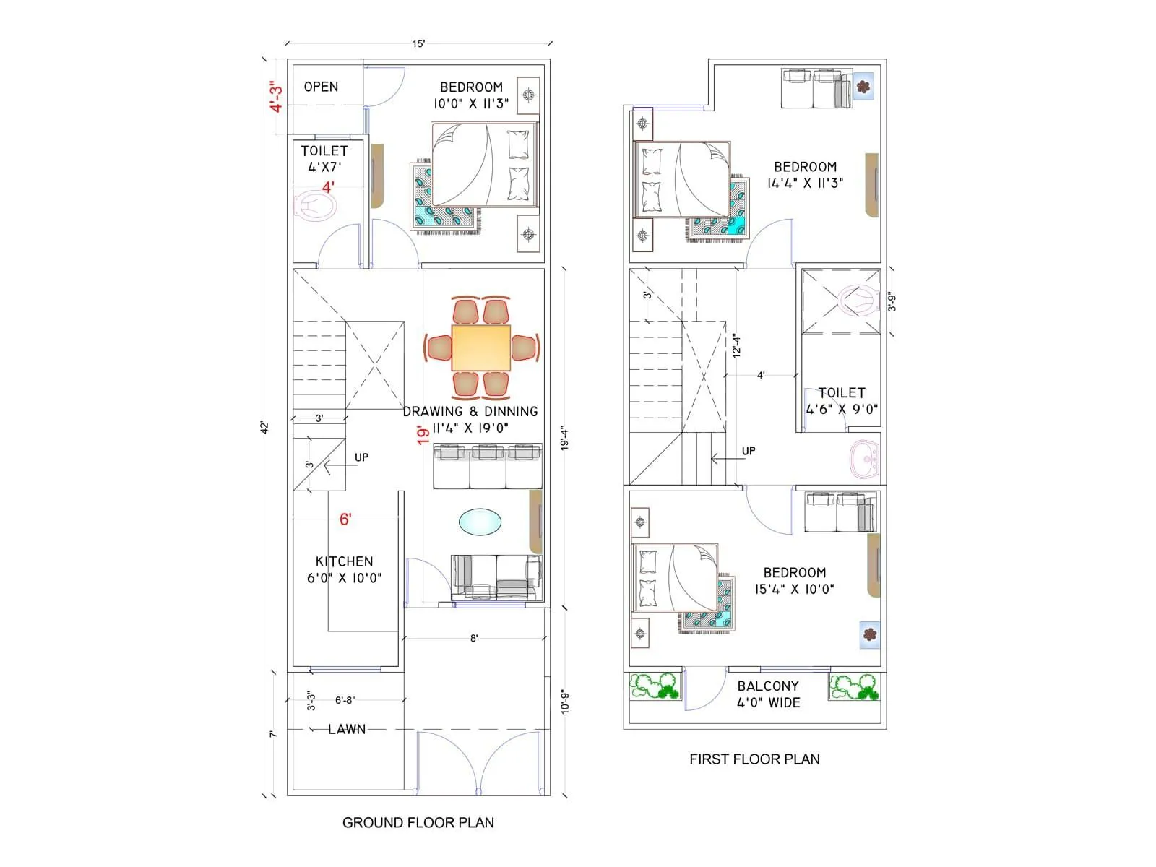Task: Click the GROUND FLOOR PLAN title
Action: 418,822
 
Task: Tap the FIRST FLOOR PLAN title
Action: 754,759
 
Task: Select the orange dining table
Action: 480,348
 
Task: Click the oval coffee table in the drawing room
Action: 480,522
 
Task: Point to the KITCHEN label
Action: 344,561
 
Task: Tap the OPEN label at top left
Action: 321,87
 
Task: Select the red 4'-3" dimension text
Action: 276,97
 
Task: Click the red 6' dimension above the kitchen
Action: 345,519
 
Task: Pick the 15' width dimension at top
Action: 418,44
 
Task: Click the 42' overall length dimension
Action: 265,427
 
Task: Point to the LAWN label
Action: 347,730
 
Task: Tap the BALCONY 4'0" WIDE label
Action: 768,694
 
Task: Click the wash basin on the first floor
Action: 865,457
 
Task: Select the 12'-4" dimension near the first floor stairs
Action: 736,345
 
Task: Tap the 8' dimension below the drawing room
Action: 474,638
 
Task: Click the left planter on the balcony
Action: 655,686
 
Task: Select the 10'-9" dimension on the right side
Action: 565,702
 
